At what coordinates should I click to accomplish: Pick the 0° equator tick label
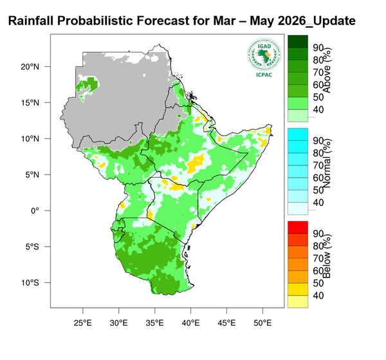pyautogui.click(x=36, y=211)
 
